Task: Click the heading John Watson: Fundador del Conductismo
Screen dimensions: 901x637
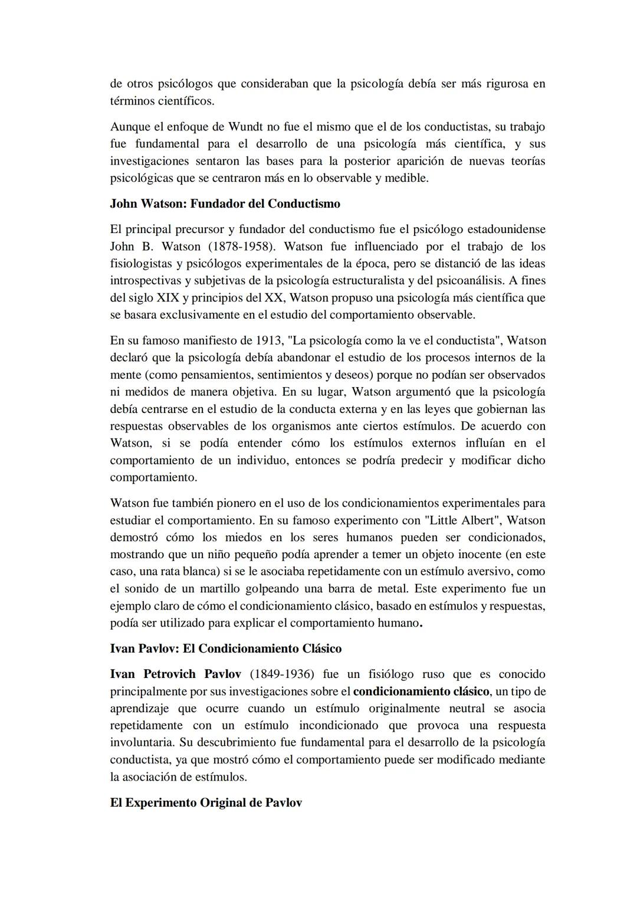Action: (x=225, y=204)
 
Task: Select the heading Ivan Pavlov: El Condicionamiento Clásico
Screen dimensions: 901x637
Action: (x=225, y=648)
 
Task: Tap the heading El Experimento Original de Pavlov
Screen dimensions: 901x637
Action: (x=206, y=802)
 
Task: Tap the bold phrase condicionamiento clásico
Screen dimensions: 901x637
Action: (x=421, y=691)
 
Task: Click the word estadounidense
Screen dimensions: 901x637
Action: (x=507, y=229)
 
